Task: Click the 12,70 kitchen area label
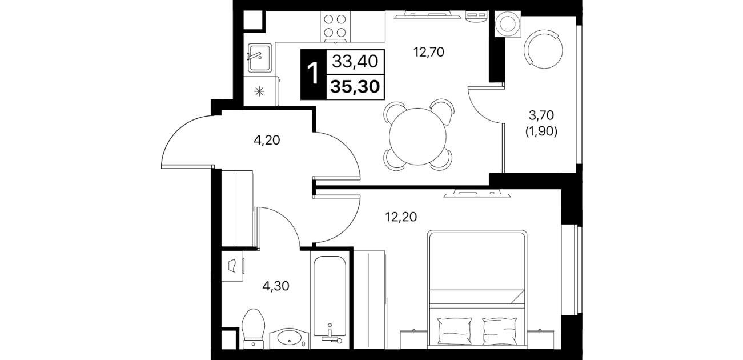(428, 52)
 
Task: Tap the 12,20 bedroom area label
(401, 217)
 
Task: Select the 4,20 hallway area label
(267, 141)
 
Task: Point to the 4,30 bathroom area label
(276, 286)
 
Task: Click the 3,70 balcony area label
(541, 115)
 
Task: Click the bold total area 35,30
(355, 87)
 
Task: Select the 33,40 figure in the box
(355, 61)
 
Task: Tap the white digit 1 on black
(313, 74)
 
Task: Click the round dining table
(418, 137)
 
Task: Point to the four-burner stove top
(335, 26)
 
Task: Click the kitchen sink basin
(260, 58)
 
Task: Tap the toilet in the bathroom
(254, 329)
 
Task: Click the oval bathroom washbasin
(289, 338)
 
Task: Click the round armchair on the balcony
(543, 49)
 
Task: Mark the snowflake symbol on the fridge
(259, 91)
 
